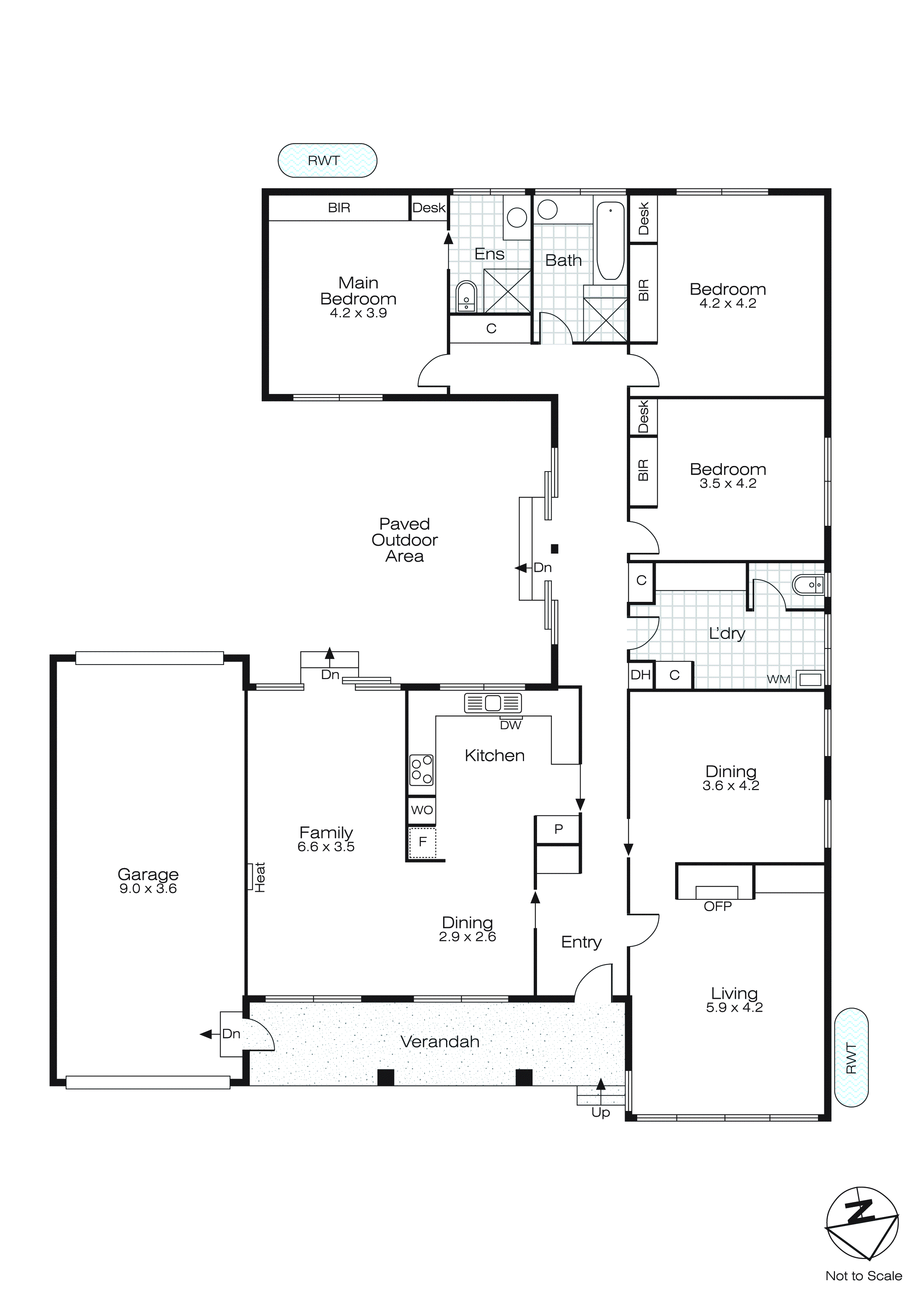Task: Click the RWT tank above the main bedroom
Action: click(x=327, y=160)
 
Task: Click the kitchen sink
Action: click(x=492, y=703)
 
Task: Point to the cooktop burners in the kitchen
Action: click(x=422, y=769)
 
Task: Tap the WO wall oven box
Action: click(x=422, y=810)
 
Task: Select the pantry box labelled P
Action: click(x=558, y=829)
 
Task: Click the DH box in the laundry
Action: click(x=640, y=675)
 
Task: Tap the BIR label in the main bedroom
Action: click(x=339, y=208)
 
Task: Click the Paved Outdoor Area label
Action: click(x=405, y=540)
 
